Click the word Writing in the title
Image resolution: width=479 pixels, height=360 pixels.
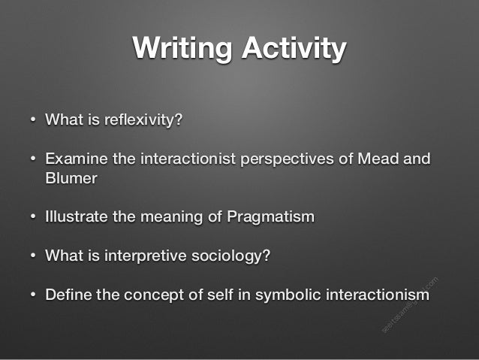pyautogui.click(x=178, y=49)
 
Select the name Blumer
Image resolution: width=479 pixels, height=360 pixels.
pyautogui.click(x=71, y=179)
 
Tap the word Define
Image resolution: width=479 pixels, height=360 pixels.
pyautogui.click(x=68, y=294)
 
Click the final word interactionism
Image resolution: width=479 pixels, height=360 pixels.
pyautogui.click(x=377, y=294)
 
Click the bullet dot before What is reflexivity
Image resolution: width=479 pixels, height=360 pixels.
pyautogui.click(x=33, y=120)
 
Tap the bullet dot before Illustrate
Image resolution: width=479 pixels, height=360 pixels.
pyautogui.click(x=33, y=218)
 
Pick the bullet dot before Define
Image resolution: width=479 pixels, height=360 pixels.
pyautogui.click(x=33, y=295)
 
